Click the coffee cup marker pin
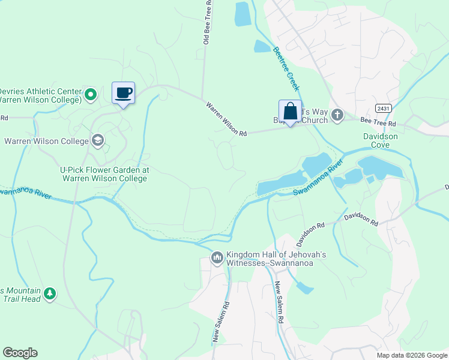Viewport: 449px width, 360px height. (124, 94)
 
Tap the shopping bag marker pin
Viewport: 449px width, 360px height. (290, 112)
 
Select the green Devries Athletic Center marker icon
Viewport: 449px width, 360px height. (91, 94)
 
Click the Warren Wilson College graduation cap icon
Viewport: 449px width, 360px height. (97, 141)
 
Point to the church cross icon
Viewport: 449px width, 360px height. (337, 115)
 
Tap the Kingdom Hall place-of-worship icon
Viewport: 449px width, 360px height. (217, 258)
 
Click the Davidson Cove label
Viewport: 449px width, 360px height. (381, 141)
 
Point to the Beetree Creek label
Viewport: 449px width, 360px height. (286, 68)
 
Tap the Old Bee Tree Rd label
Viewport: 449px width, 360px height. (207, 22)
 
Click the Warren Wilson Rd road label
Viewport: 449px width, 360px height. (226, 118)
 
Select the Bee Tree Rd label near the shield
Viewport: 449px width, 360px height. (378, 122)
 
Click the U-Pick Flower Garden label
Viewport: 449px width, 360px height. (103, 174)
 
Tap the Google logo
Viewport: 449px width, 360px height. (20, 353)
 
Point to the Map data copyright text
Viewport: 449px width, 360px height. (411, 355)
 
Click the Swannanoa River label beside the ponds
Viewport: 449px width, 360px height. (318, 179)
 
